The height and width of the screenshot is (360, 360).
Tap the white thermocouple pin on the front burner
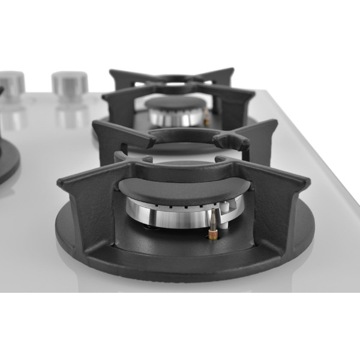(223, 210)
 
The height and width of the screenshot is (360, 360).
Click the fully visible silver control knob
(69, 83)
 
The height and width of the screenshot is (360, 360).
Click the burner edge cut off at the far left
(7, 159)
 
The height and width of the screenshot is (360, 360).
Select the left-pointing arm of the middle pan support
(117, 133)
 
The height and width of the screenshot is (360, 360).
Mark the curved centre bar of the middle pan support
(180, 135)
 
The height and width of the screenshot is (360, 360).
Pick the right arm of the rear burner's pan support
(240, 96)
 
